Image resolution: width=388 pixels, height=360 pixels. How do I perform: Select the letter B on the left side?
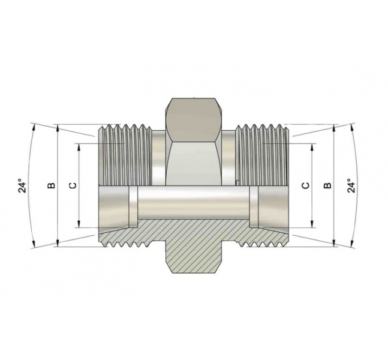tap(52, 185)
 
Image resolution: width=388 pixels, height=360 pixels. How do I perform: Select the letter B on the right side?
tap(327, 185)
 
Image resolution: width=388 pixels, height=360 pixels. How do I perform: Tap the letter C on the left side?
tap(73, 185)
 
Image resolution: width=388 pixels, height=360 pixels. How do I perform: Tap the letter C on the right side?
tap(305, 185)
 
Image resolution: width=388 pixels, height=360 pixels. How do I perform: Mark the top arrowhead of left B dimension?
tap(56, 128)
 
